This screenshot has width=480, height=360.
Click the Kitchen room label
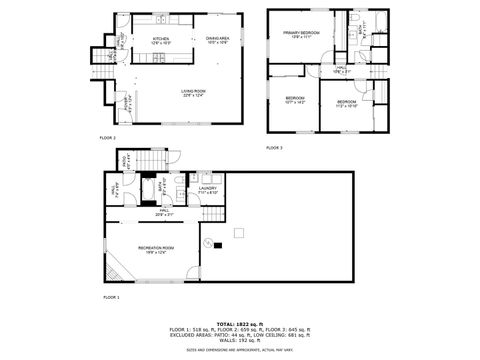160,40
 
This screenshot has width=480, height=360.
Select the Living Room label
194,92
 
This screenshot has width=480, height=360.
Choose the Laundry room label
207,189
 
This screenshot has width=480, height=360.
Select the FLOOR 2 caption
107,137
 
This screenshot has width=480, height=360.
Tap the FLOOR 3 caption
274,147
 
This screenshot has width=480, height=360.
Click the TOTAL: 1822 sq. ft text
239,323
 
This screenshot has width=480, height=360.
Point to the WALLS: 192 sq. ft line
239,342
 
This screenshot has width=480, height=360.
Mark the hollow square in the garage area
238,234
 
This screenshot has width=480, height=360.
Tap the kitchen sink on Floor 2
161,21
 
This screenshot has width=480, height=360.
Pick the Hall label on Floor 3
341,69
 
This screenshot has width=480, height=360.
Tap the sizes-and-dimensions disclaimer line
239,350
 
